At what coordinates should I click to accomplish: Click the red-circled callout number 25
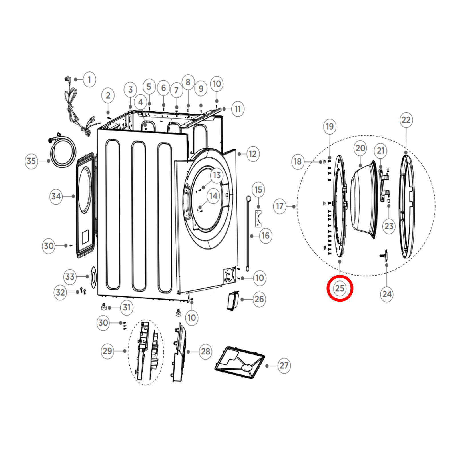[340, 288]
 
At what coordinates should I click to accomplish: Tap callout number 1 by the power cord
[89, 79]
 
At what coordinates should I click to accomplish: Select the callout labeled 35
[31, 161]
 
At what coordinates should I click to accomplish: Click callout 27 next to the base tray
[284, 366]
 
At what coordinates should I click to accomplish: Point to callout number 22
[406, 120]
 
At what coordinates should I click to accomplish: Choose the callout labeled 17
[280, 206]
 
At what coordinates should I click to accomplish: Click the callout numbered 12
[253, 154]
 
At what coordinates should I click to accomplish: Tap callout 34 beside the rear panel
[56, 196]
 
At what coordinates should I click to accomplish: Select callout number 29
[107, 351]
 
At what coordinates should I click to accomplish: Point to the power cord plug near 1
[67, 79]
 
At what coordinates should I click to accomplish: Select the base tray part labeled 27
[240, 363]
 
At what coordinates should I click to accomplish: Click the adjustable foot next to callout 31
[104, 307]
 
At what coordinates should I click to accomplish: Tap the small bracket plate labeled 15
[258, 219]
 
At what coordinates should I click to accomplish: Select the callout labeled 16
[266, 236]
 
